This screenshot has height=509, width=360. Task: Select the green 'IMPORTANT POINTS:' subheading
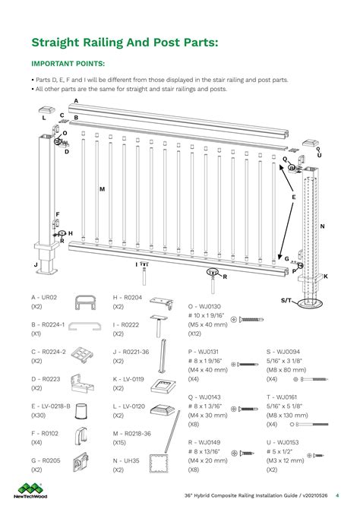click(68, 65)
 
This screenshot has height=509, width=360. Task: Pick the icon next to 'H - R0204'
click(164, 304)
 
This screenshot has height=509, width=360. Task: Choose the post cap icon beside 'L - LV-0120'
click(164, 411)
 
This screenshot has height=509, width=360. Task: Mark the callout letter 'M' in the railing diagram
click(101, 188)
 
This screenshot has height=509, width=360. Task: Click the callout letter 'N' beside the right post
click(322, 226)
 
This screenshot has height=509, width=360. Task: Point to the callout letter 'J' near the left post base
click(36, 264)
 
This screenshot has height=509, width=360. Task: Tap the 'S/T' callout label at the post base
click(286, 301)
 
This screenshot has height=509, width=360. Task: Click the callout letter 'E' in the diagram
click(293, 196)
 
